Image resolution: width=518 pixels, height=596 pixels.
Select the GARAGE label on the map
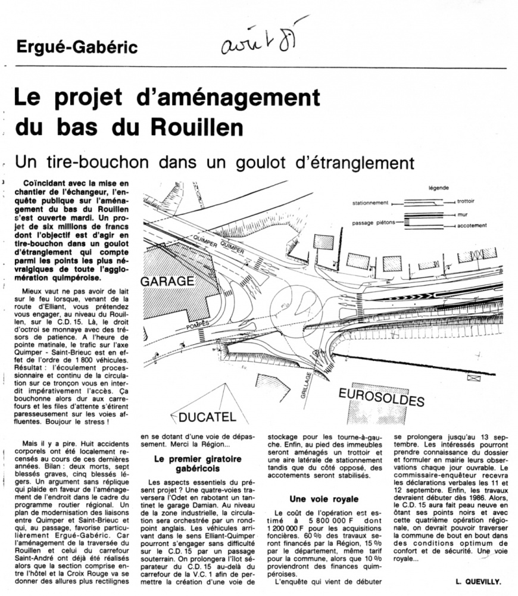168,280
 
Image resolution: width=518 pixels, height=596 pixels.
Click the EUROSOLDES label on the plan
382,396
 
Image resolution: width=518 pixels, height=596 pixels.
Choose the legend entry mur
462,214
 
